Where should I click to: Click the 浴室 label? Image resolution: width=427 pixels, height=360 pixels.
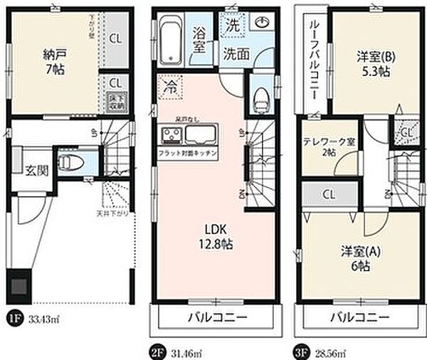pos(201,40)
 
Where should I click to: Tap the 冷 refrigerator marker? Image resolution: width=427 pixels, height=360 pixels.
pos(172,87)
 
